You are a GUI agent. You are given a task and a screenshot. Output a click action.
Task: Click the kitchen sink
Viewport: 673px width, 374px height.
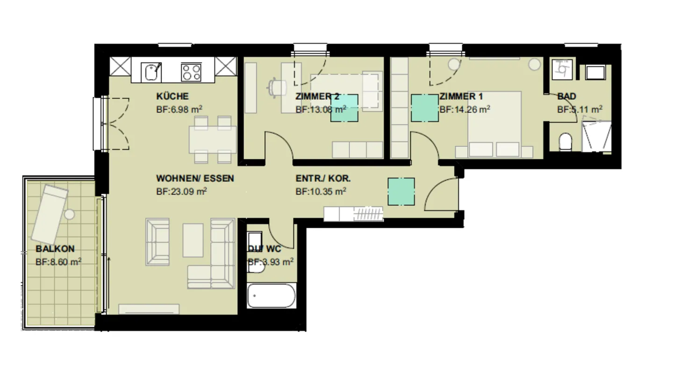(151, 72)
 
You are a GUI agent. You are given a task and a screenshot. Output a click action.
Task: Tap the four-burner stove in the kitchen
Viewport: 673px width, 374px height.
(191, 72)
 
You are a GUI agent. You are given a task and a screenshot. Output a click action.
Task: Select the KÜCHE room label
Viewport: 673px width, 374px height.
(172, 97)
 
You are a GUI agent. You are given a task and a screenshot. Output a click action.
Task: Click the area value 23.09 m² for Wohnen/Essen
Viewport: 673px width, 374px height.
(182, 191)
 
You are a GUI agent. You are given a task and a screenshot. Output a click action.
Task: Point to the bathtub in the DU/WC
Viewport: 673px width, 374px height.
(271, 295)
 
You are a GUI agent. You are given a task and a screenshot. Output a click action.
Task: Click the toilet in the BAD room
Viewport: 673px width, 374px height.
(566, 142)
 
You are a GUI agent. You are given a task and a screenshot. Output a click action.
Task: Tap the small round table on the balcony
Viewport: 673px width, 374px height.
(70, 215)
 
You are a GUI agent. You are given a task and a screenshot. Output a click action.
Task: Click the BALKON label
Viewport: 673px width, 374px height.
(55, 249)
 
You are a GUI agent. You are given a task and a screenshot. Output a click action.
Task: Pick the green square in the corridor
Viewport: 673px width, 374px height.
(401, 192)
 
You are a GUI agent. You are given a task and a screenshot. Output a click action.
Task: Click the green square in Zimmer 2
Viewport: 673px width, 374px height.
(344, 108)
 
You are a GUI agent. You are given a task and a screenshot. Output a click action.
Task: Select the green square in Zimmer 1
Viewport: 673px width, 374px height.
(425, 108)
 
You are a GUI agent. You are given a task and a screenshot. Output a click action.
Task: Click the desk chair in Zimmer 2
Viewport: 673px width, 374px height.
(277, 86)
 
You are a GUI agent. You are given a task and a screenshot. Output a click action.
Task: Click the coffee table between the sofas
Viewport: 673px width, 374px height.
(193, 240)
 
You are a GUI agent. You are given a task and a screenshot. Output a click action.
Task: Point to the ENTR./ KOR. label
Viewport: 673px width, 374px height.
(323, 179)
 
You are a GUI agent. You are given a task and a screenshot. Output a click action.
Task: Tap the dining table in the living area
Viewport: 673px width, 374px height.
(213, 139)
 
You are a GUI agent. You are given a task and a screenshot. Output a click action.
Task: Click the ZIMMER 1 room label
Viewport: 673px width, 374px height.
(461, 97)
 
